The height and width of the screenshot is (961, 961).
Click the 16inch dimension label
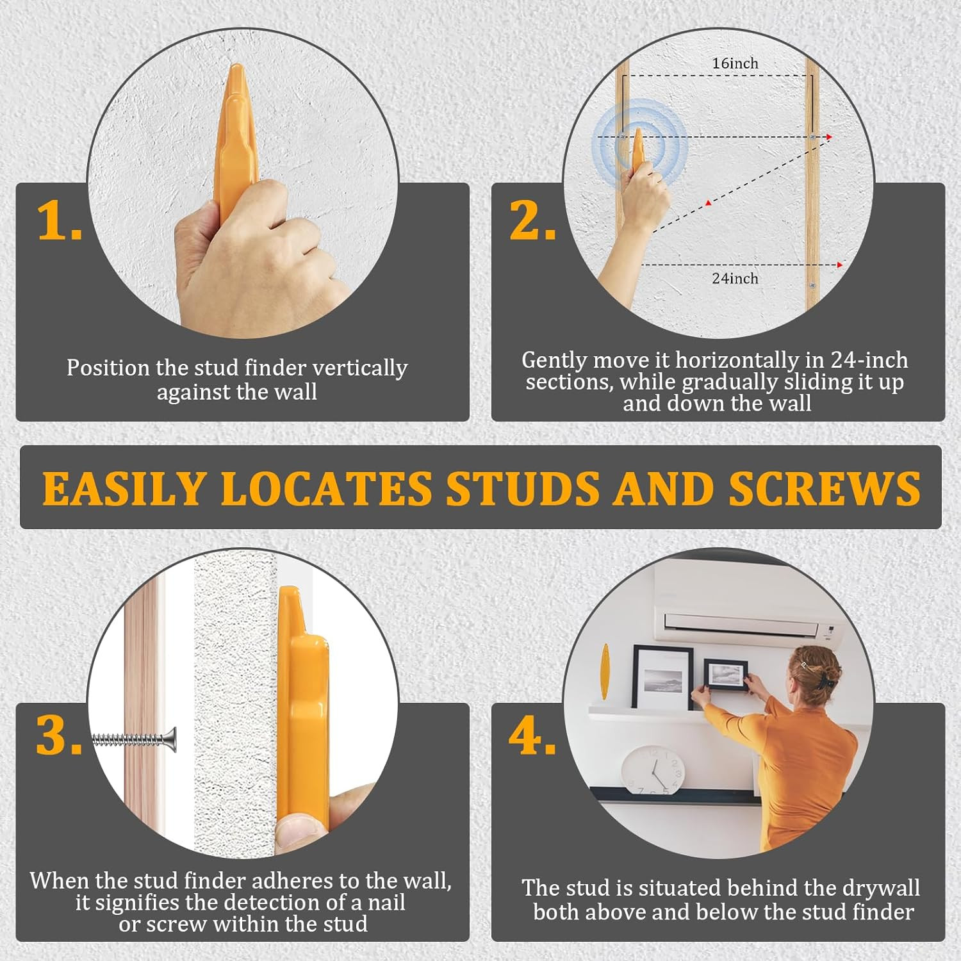click(x=735, y=63)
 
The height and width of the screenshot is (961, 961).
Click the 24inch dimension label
click(x=735, y=279)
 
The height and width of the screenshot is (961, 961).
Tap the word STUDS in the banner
click(x=523, y=489)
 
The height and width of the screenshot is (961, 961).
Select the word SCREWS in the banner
click(x=825, y=489)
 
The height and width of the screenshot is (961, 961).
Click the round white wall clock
click(x=653, y=769)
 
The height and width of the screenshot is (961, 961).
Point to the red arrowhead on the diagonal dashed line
click(x=708, y=203)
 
